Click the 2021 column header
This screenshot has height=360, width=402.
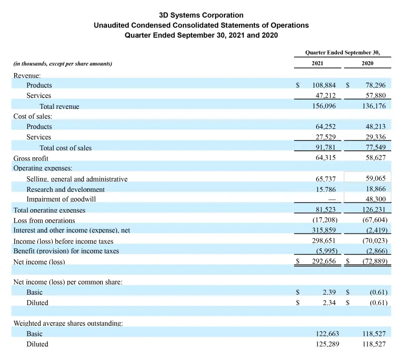[317, 63]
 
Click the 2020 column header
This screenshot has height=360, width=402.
[367, 63]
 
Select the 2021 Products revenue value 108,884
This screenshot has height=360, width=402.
[324, 85]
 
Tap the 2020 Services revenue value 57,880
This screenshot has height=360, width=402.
[375, 96]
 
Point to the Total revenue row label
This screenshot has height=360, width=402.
[59, 107]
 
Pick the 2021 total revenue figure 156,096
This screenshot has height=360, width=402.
[324, 106]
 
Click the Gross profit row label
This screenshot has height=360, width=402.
[31, 158]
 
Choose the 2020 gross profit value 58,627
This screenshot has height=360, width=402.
[375, 158]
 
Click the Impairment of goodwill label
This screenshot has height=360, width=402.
[61, 199]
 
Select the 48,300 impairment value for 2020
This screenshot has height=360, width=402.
[375, 199]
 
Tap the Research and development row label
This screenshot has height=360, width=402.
[66, 189]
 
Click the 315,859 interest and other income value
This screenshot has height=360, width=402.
[324, 230]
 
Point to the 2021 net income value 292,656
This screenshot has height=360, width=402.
[324, 261]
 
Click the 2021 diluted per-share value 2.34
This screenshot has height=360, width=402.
[329, 303]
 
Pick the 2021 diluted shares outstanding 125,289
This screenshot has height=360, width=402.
[327, 344]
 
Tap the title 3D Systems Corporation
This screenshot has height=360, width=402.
[201, 15]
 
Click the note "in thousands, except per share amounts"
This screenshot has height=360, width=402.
[63, 64]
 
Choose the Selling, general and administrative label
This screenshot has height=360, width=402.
[77, 179]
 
